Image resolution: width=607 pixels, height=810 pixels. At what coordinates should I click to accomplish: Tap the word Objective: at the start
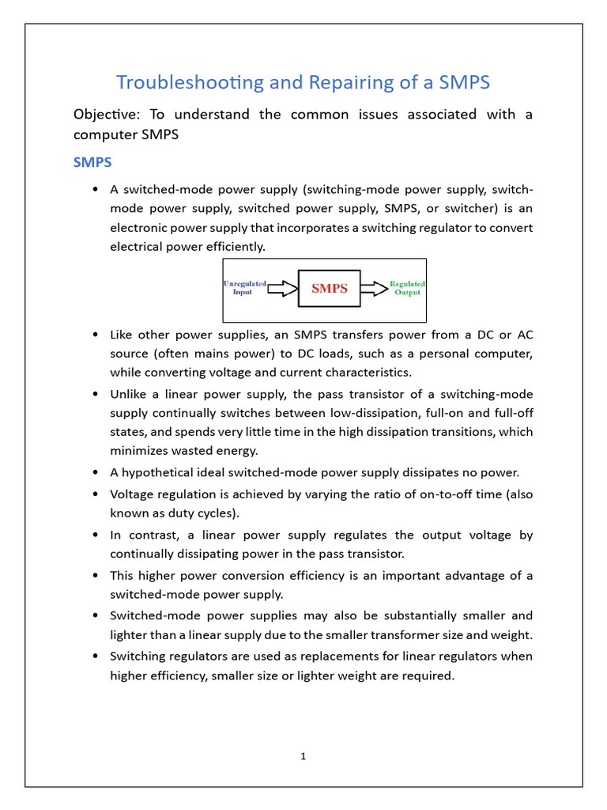click(x=105, y=115)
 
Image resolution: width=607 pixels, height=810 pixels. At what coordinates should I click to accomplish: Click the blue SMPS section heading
click(x=92, y=162)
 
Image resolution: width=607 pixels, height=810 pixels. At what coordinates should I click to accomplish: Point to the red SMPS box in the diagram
click(x=329, y=289)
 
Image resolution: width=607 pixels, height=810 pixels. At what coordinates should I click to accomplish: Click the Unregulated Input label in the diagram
click(x=244, y=288)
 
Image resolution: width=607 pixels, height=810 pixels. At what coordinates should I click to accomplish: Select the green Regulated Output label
click(x=407, y=288)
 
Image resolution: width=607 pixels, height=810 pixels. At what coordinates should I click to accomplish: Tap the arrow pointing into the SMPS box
click(x=282, y=289)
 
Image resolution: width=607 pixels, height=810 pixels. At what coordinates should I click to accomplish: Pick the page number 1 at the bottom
click(x=303, y=756)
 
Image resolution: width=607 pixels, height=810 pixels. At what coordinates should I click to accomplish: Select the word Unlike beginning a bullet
click(x=128, y=394)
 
